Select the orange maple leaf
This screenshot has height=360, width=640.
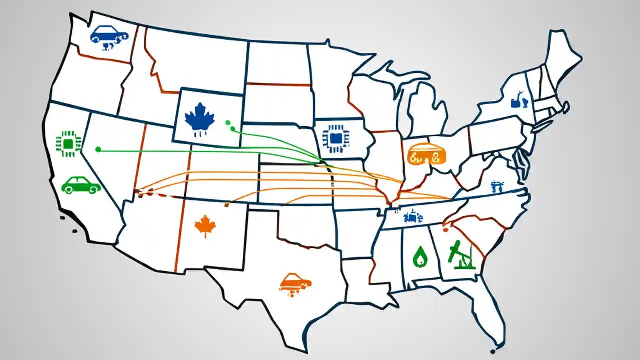pos(205,225)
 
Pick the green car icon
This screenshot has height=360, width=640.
pos(80,185)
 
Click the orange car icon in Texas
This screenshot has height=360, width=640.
pos(296,282)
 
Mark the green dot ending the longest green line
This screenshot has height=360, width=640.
pos(98,149)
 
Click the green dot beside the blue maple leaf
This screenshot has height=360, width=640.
pos(228,122)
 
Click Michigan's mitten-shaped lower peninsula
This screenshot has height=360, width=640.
pos(427,107)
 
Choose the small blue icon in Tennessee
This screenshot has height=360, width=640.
pos(413,216)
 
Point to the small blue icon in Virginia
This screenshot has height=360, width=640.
pos(496,187)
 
